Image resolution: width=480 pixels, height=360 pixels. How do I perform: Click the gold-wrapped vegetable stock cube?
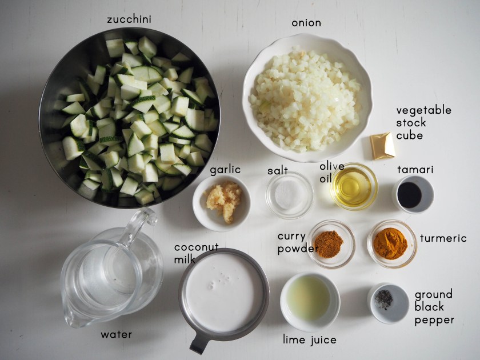(x=382, y=146)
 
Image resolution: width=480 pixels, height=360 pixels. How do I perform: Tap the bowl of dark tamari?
(x=413, y=195)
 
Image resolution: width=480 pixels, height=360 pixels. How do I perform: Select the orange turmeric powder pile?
(x=390, y=243)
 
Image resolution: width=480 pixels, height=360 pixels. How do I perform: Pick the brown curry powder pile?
(x=329, y=245)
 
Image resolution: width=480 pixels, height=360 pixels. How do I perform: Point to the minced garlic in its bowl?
(x=225, y=200)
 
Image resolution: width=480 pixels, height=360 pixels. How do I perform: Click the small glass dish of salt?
(x=289, y=195)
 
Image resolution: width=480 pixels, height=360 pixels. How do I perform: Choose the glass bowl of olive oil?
(x=354, y=186)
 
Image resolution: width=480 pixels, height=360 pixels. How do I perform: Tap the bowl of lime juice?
(x=310, y=302)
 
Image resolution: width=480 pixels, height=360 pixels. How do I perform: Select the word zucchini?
(x=129, y=19)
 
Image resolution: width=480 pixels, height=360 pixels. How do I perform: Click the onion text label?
(x=306, y=23)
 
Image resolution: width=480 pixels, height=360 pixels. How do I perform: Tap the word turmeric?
(x=443, y=238)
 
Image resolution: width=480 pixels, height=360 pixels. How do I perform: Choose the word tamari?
(x=415, y=169)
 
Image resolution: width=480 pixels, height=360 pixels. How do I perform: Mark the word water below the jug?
(x=117, y=335)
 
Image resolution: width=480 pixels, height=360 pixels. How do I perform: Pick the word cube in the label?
(x=409, y=135)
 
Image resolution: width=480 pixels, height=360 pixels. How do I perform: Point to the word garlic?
(x=225, y=170)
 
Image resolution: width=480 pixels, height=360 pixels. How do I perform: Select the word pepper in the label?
(x=434, y=321)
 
